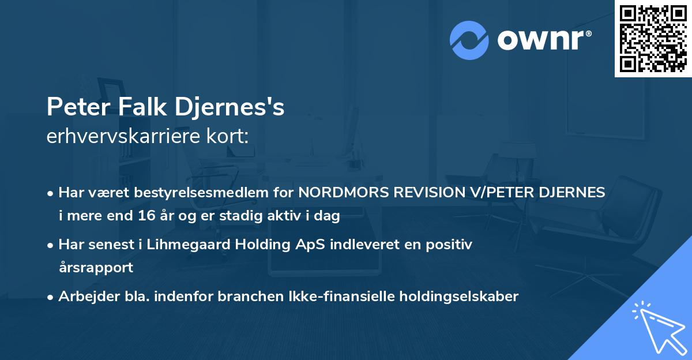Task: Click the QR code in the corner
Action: tap(653, 38)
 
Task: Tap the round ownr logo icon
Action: tap(469, 40)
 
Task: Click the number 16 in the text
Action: tap(162, 216)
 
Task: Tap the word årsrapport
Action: tap(96, 268)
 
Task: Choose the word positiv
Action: tap(450, 245)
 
